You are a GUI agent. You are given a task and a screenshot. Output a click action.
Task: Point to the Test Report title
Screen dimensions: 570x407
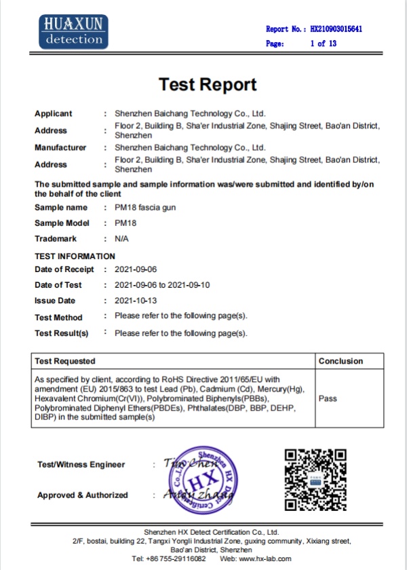point(208,84)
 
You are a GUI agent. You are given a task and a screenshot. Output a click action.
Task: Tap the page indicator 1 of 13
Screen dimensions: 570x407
point(323,43)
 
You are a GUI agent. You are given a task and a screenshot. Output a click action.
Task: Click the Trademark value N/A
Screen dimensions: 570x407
point(122,239)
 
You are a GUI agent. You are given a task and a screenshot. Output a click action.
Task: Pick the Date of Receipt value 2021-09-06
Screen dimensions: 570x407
point(136,269)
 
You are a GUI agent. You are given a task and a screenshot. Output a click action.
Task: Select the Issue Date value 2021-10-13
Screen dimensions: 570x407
point(136,301)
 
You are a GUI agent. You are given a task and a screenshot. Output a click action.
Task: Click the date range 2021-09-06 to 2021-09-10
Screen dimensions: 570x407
point(163,285)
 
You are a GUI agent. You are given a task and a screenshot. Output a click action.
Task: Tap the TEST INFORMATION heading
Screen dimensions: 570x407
point(75,256)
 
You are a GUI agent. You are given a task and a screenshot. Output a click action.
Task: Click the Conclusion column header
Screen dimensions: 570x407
point(341,361)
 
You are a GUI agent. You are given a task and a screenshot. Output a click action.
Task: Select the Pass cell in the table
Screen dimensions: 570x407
point(328,399)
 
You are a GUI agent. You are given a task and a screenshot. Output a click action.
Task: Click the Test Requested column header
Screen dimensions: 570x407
point(65,361)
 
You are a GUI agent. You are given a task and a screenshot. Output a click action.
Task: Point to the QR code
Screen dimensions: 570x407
point(315,479)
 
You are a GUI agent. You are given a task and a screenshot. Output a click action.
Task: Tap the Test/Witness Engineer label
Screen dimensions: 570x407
point(81,465)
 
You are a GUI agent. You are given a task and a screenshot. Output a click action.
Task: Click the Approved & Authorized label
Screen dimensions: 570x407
point(82,495)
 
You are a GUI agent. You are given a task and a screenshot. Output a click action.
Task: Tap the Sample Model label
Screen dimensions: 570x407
point(62,223)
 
